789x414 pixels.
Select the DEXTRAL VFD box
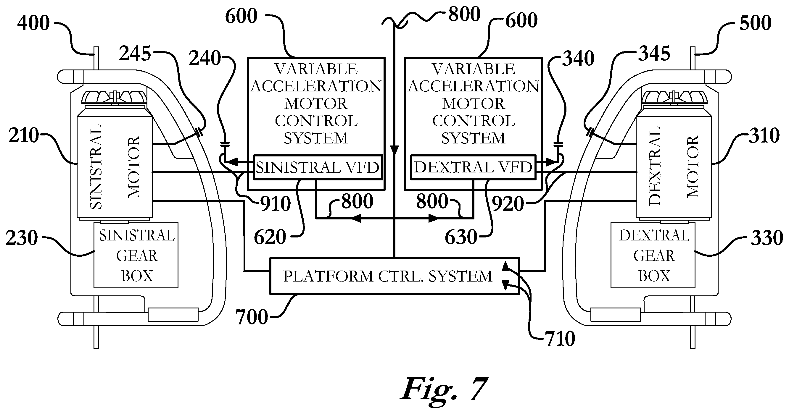pos(473,167)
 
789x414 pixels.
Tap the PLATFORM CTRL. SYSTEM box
pos(394,276)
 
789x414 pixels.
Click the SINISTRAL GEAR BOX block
pos(136,255)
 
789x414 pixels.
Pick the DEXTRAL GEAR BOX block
pos(653,255)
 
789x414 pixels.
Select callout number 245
pos(135,54)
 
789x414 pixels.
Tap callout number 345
pos(654,54)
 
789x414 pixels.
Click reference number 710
pos(560,339)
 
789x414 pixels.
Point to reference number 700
pos(252,317)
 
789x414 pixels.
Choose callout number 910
pos(275,204)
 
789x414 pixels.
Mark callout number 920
pos(508,204)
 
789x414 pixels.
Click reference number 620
pos(270,237)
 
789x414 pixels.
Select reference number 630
pos(461,237)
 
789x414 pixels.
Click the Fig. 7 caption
pos(444,389)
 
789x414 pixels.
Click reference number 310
pos(764,135)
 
